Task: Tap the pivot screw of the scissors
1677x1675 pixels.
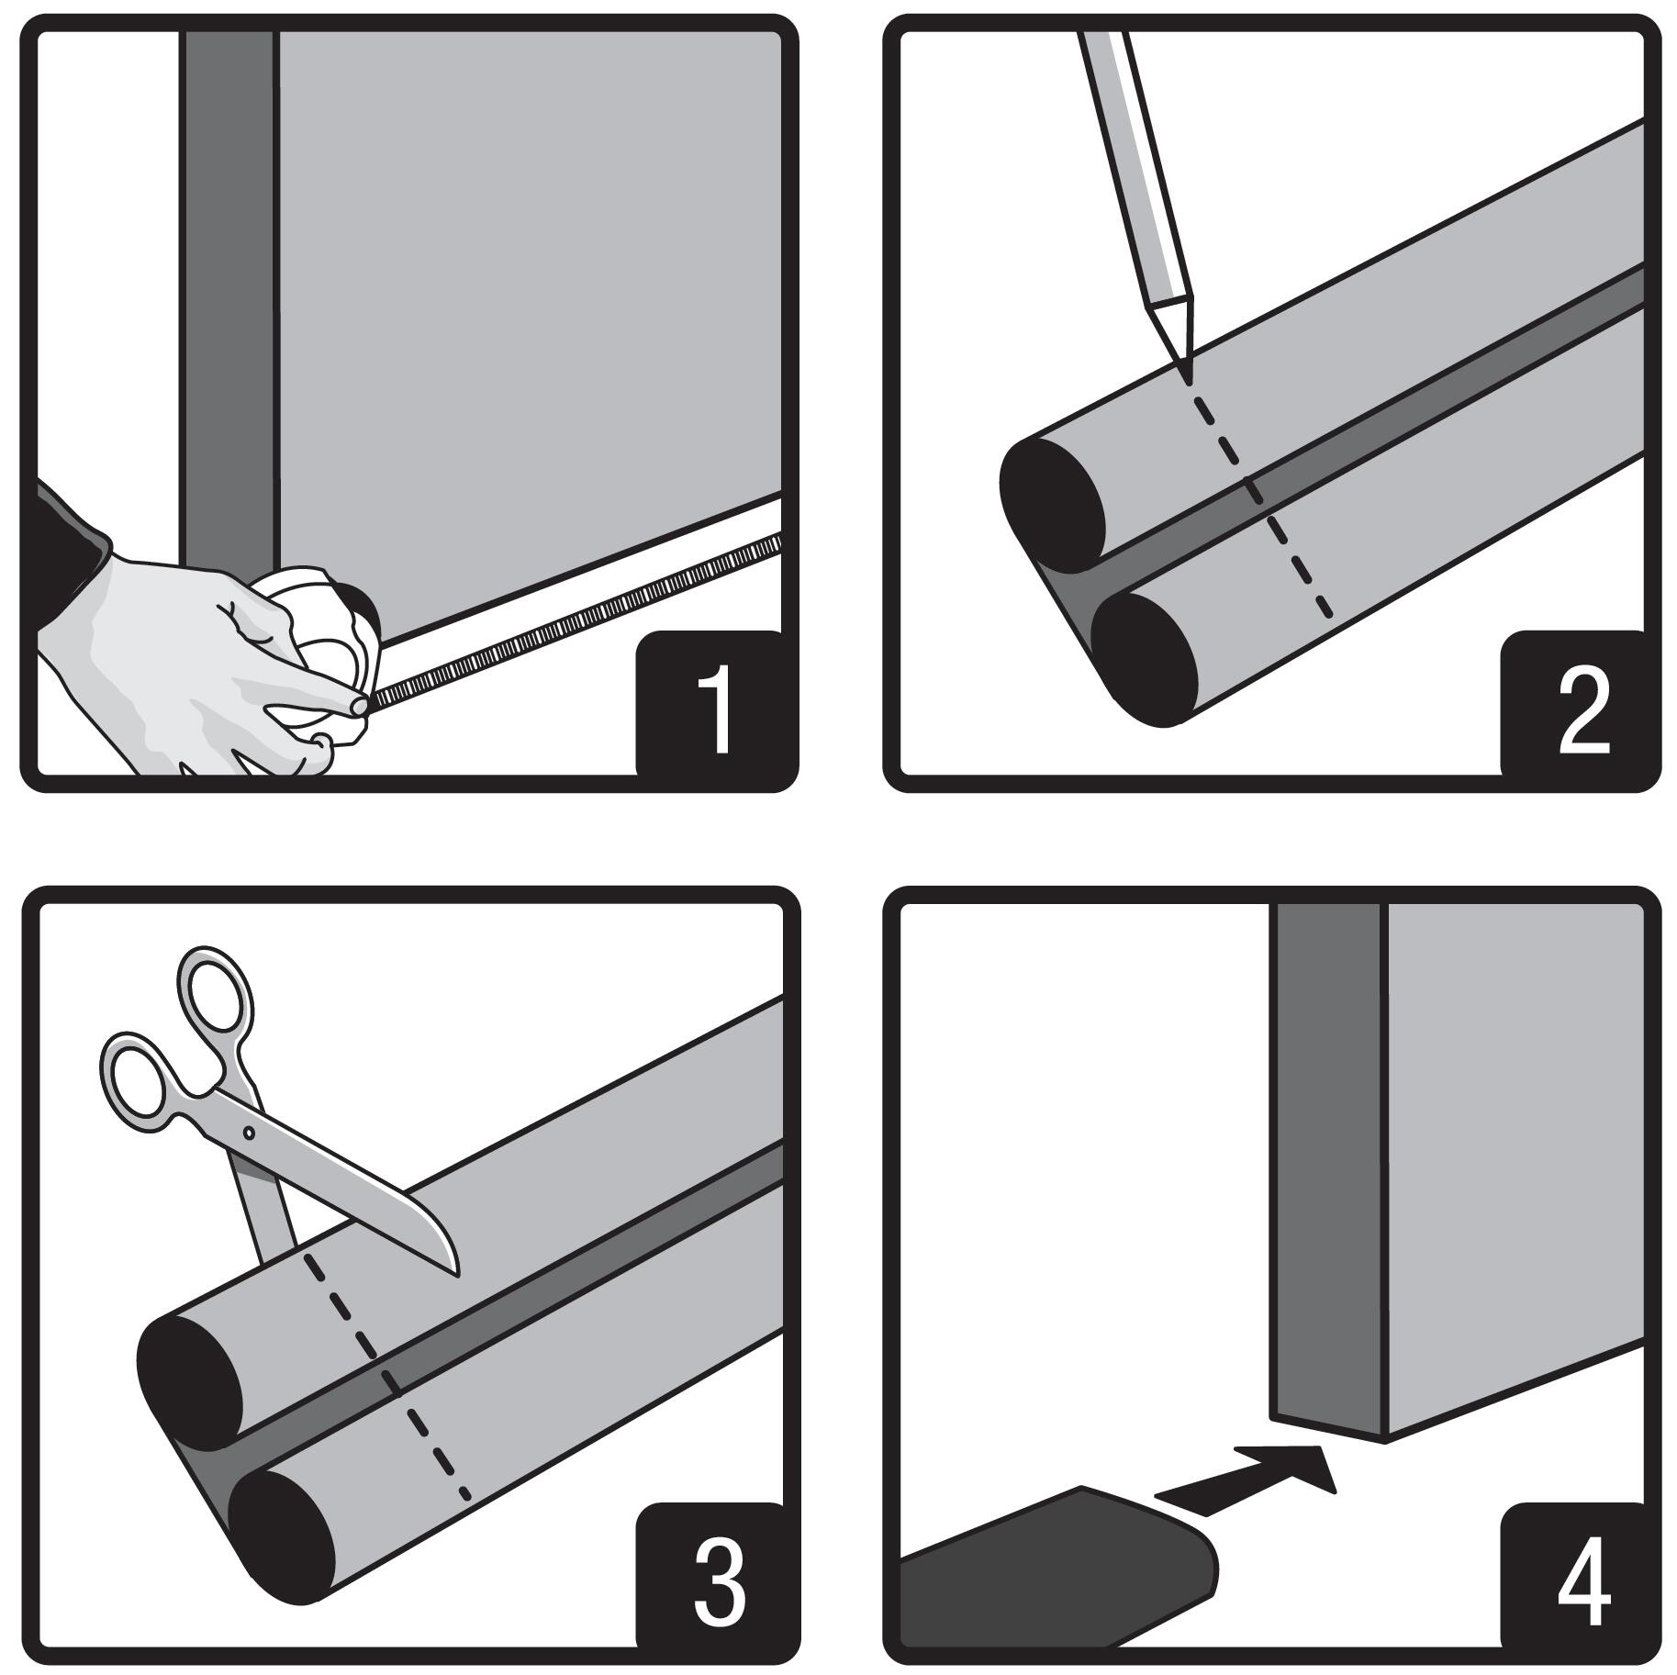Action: click(249, 1133)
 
